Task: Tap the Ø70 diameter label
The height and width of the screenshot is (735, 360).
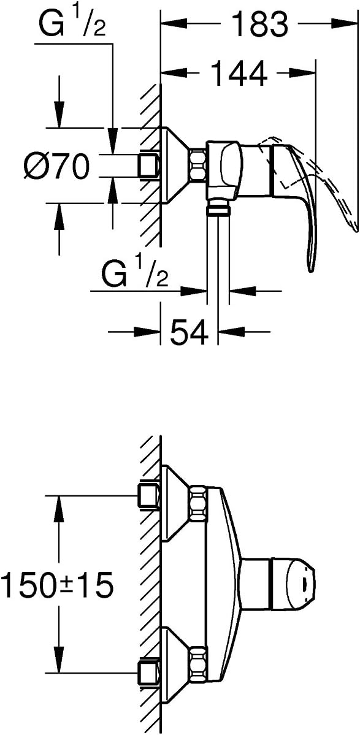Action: click(56, 166)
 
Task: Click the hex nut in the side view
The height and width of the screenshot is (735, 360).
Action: click(197, 166)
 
